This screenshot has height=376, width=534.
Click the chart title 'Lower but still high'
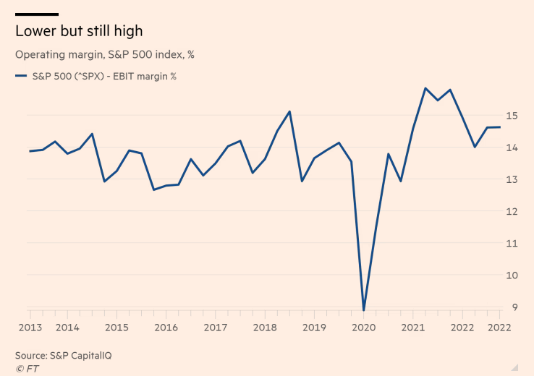(79, 31)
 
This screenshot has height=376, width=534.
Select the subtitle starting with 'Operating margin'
(104, 54)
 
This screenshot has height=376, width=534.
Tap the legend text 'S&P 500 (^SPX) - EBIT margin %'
(105, 76)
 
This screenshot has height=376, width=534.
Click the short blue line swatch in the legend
(20, 76)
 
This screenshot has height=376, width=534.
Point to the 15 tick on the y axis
(511, 115)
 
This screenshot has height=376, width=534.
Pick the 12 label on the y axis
(511, 211)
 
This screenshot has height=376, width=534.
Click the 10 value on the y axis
(511, 275)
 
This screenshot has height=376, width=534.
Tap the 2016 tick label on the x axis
(166, 328)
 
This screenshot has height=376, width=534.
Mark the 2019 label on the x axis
(314, 328)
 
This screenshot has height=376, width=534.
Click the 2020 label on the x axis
(363, 328)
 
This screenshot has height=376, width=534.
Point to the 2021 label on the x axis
(412, 328)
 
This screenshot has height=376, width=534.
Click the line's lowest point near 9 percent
(363, 310)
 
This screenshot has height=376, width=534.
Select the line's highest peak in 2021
(425, 88)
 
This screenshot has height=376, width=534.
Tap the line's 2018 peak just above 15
(289, 111)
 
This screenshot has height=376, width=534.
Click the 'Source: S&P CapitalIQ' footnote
(64, 355)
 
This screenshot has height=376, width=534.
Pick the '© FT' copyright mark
(27, 368)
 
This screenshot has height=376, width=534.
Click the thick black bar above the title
(36, 14)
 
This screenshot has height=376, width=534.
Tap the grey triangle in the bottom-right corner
(514, 367)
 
